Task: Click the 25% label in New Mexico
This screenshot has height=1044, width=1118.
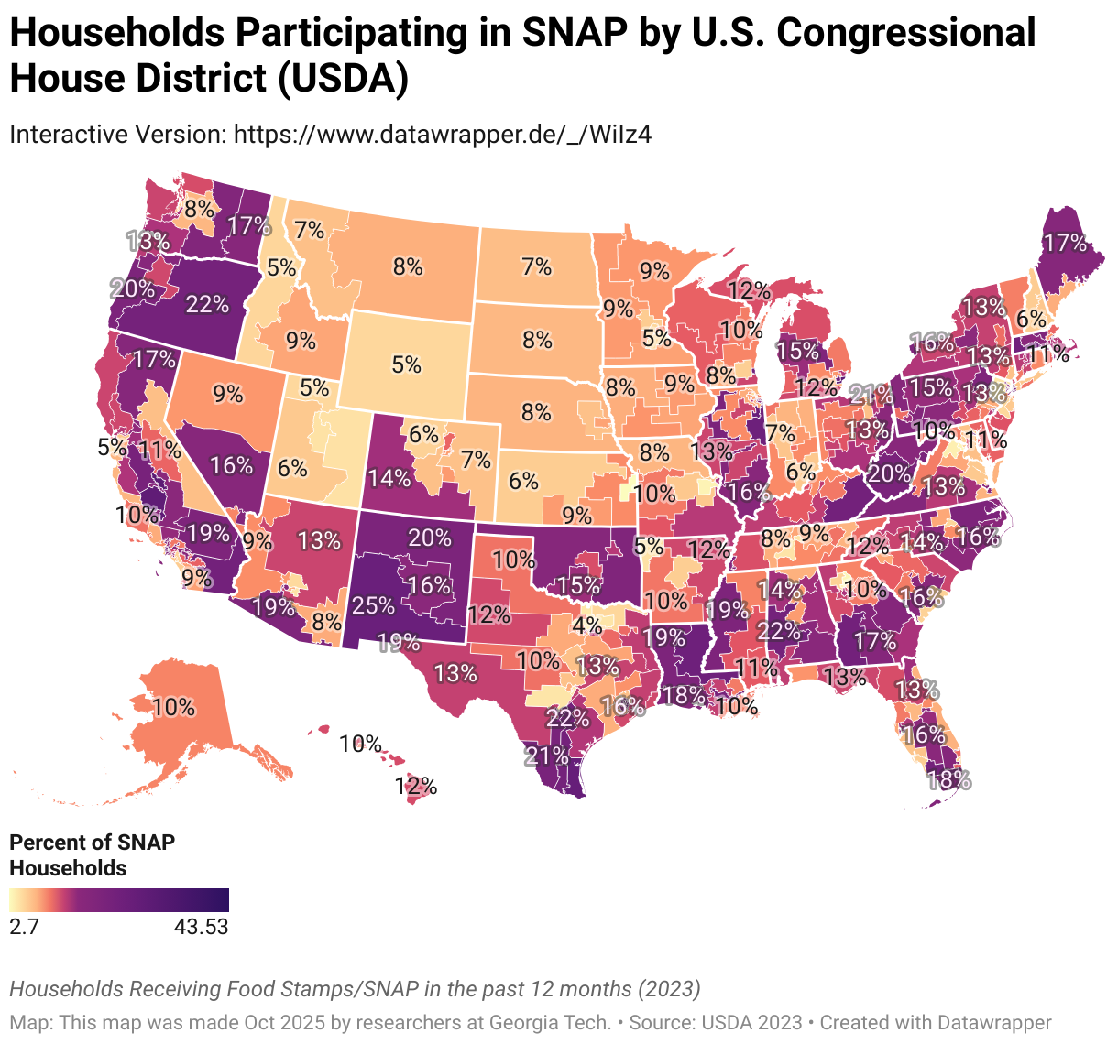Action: pos(373,605)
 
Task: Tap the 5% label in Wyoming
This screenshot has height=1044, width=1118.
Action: pos(406,364)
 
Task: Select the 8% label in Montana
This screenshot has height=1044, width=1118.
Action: pos(408,266)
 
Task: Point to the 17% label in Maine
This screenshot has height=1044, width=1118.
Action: pos(1064,243)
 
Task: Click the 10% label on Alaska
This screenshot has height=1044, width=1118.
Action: pos(173,707)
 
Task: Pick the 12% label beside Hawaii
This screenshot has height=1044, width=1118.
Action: pos(416,786)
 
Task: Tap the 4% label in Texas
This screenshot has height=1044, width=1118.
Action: pos(586,626)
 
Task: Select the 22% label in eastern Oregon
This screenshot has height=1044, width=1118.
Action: pos(206,303)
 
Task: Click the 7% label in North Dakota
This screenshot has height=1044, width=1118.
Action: pos(536,266)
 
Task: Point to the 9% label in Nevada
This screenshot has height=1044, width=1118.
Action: pos(227,394)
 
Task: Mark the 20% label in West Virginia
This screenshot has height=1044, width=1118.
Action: pos(888,473)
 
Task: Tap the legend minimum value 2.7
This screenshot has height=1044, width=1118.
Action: pos(24,927)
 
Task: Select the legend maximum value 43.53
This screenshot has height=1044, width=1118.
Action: pos(201,927)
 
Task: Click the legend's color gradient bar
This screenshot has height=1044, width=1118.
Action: pos(118,900)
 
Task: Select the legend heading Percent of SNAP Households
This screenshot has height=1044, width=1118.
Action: pos(92,854)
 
